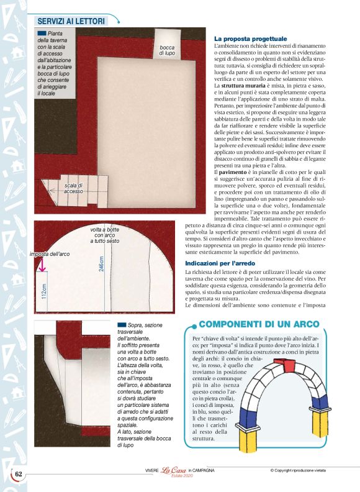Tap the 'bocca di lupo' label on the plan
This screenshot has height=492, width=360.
pyautogui.click(x=167, y=50)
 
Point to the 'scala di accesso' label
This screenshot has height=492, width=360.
pyautogui.click(x=73, y=188)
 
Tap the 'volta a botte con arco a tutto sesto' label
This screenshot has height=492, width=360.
pyautogui.click(x=105, y=235)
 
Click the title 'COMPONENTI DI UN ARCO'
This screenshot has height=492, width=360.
pyautogui.click(x=259, y=324)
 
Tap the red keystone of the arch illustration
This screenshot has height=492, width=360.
pyautogui.click(x=289, y=365)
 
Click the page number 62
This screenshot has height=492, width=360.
pyautogui.click(x=19, y=474)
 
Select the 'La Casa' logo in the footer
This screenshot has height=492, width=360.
pyautogui.click(x=175, y=471)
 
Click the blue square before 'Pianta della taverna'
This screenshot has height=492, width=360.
pyautogui.click(x=42, y=32)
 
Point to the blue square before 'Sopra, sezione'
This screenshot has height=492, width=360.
pyautogui.click(x=122, y=324)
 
